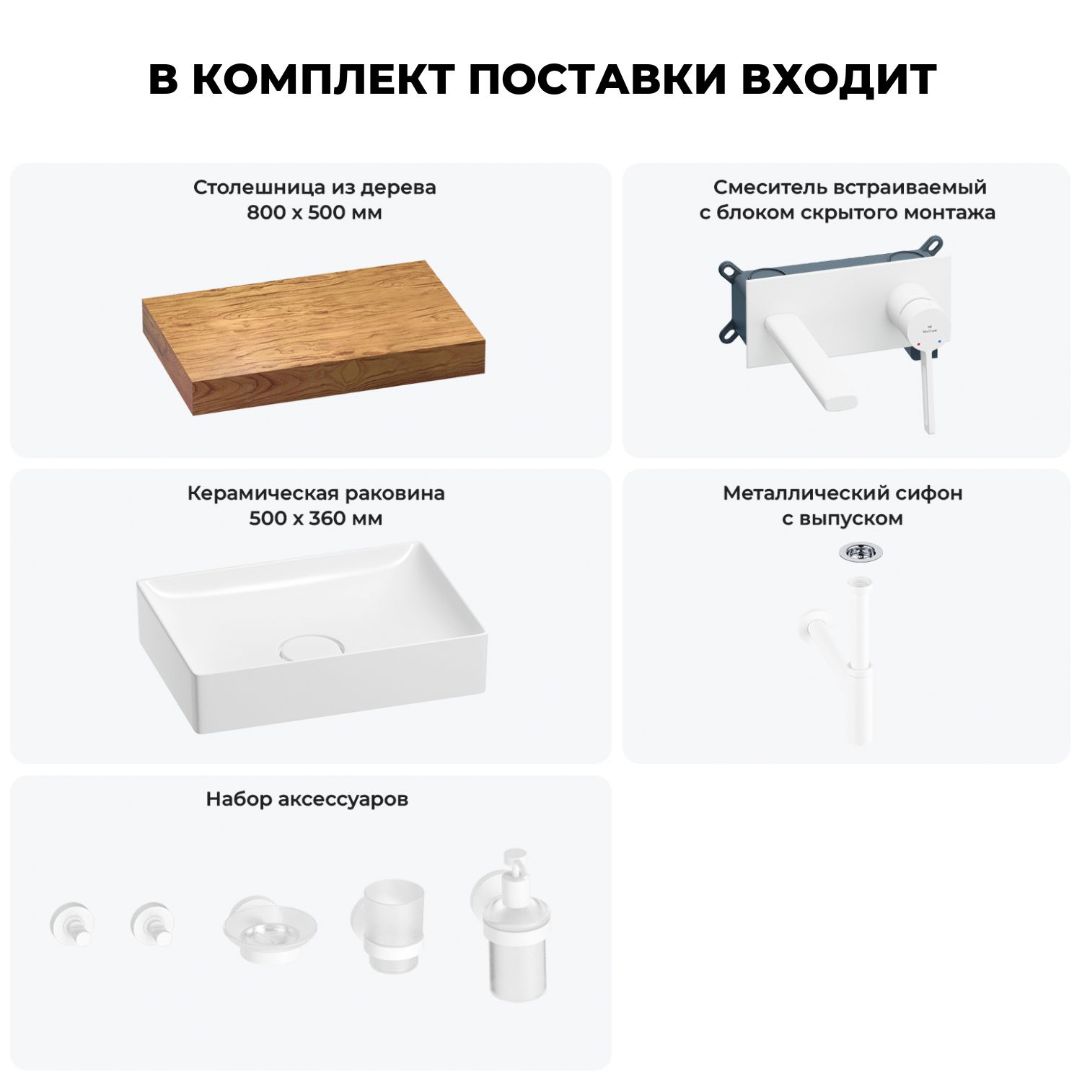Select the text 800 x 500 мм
click(315, 213)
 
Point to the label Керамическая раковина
click(316, 493)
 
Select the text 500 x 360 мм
click(316, 519)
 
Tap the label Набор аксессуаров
click(307, 799)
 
